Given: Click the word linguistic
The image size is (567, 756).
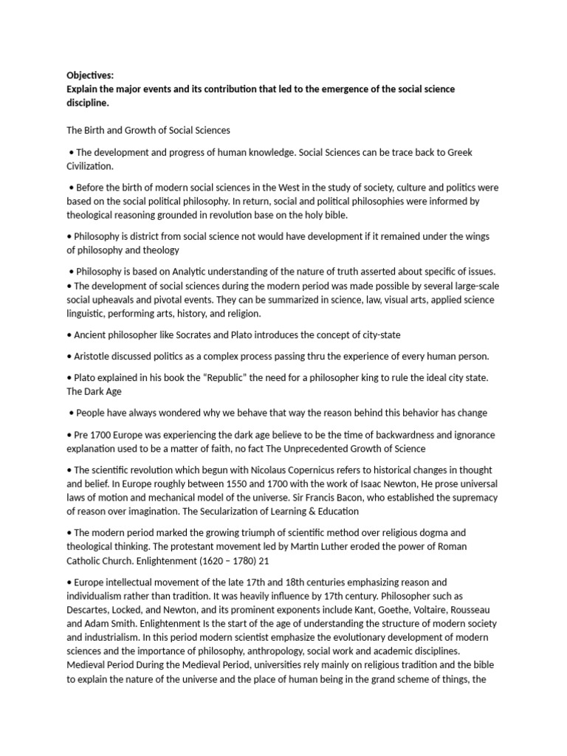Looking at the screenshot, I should click(86, 314).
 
